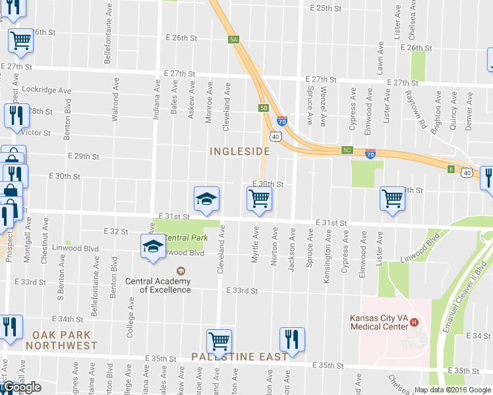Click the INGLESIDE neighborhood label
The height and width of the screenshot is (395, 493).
tap(240, 151)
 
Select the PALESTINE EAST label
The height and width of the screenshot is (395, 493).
tap(239, 356)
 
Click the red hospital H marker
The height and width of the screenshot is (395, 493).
tap(415, 322)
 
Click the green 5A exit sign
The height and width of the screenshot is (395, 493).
tap(233, 39)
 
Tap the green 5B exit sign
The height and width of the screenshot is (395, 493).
tap(263, 107)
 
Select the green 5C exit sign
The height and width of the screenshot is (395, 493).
tap(347, 150)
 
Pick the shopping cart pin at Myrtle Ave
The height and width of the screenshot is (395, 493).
tap(260, 197)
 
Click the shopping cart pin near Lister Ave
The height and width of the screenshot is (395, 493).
tap(393, 197)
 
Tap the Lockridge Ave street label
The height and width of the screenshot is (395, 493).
tap(46, 90)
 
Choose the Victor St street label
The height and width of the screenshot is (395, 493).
tap(36, 133)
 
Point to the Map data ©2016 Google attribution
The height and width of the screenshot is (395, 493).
tap(453, 390)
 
